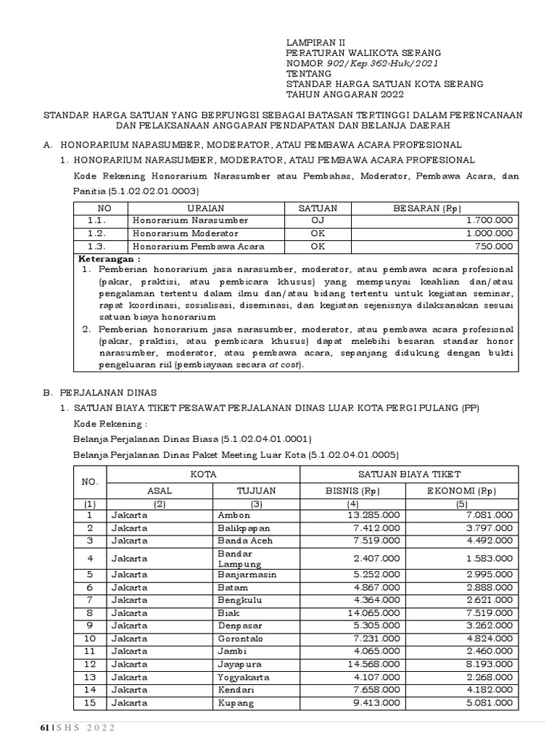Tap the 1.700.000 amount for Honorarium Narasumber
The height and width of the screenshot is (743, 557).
[490, 220]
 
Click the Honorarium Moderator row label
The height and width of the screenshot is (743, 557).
[185, 233]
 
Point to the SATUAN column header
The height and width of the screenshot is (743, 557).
[313, 208]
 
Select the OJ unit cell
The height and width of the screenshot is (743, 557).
[313, 220]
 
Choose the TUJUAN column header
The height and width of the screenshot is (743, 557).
[257, 490]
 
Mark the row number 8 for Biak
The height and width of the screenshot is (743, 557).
[90, 612]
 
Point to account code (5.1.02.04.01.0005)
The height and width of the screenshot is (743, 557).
[353, 455]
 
